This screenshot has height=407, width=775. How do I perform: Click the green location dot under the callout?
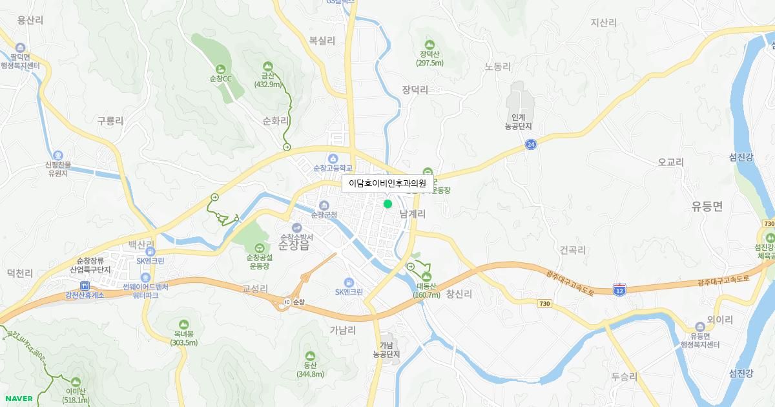pos(387,204)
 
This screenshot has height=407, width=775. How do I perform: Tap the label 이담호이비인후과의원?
pos(387,183)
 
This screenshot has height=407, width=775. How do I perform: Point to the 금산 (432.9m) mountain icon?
pos(268,66)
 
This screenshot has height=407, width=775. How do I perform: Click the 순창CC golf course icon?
pos(221,68)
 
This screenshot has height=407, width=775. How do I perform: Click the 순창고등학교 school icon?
pos(333,158)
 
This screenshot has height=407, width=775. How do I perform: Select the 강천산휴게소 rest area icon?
pos(85,286)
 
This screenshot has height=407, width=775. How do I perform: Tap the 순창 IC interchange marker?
pos(287,302)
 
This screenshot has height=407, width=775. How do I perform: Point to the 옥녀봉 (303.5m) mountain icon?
pos(184,324)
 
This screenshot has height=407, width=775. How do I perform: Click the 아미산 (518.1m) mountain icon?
pos(76,382)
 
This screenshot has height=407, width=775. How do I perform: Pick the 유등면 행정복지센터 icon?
pos(701,327)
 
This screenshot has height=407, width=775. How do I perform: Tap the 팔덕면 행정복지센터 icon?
pos(20,48)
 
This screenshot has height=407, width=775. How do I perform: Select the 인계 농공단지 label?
pos(518,121)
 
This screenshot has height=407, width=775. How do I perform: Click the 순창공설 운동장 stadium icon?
pos(258,247)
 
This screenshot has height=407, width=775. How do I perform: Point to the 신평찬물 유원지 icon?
pos(58,155)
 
